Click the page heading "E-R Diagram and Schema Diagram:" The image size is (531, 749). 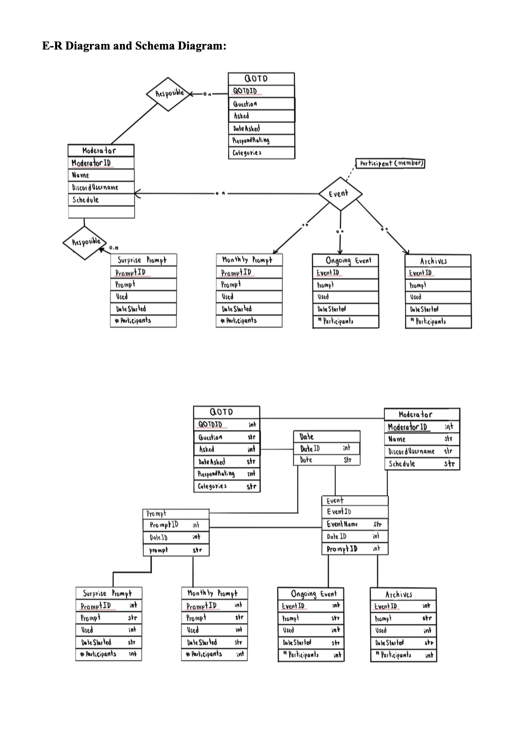[x=134, y=46]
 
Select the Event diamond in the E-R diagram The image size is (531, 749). [x=340, y=193]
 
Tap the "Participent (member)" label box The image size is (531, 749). [x=390, y=163]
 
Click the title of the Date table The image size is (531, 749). [x=306, y=436]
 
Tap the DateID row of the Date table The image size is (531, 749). [x=310, y=448]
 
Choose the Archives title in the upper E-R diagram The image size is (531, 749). [x=433, y=261]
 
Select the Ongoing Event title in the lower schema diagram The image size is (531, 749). [x=317, y=594]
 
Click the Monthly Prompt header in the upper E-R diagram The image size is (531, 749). [x=247, y=260]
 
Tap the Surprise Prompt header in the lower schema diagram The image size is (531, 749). [x=107, y=593]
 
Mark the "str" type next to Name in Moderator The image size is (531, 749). [x=448, y=439]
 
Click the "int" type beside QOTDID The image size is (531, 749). [x=252, y=425]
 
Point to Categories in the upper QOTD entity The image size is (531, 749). [x=247, y=153]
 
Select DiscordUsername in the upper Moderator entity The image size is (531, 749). [x=96, y=187]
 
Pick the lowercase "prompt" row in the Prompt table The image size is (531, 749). [x=159, y=550]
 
